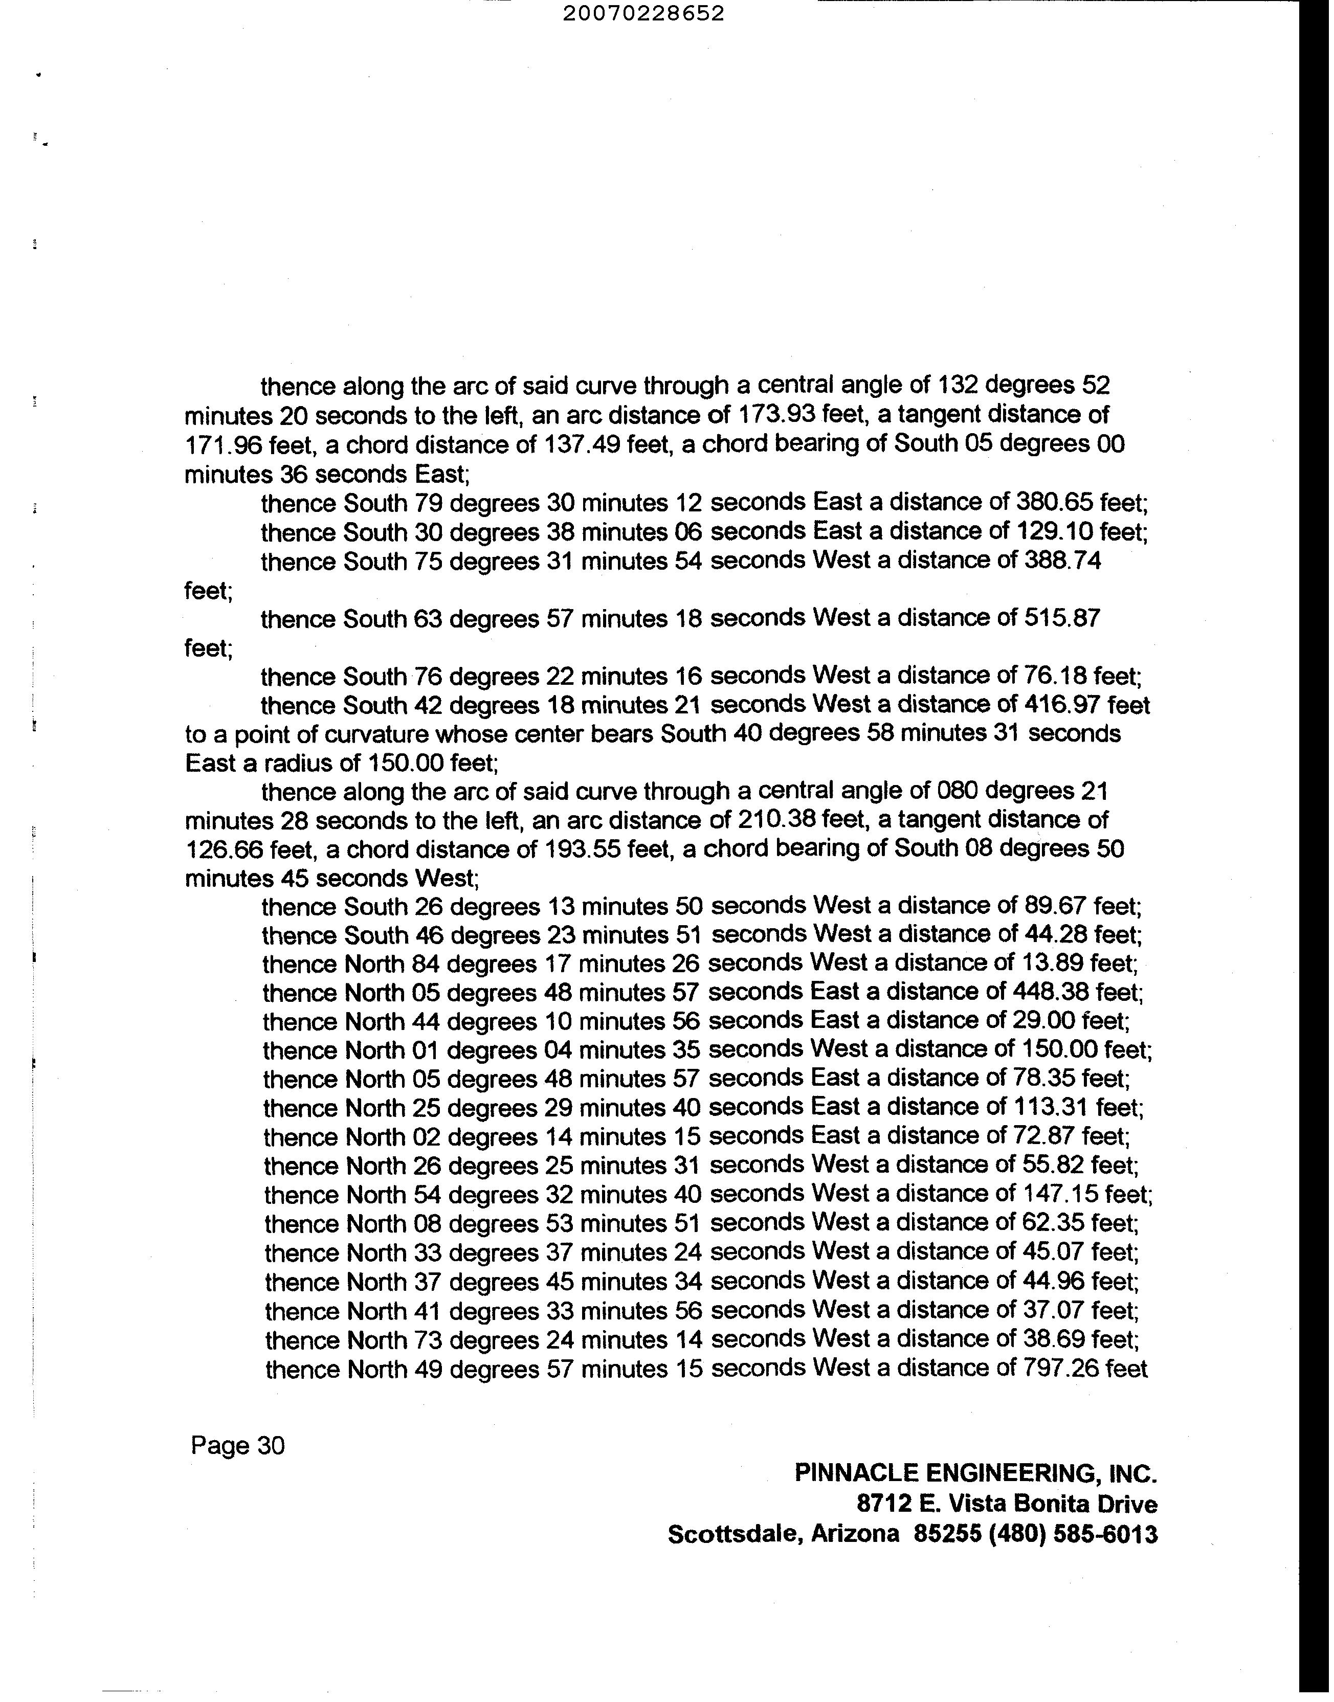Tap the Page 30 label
237,1446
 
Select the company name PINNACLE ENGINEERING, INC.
975,1473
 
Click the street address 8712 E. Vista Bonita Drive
1007,1504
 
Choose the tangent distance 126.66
223,849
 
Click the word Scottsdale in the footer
735,1534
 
